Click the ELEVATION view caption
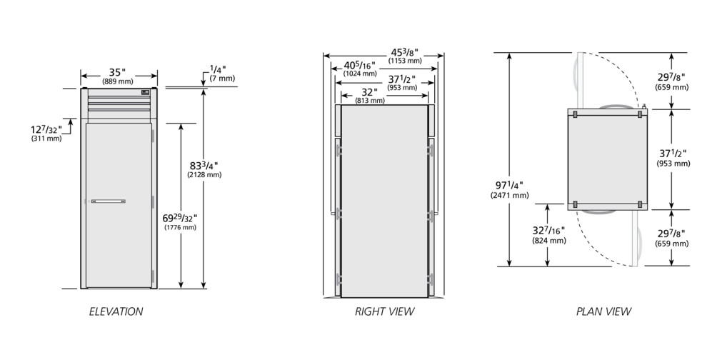116,311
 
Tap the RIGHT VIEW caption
384,311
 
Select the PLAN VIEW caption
603,311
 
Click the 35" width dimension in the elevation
117,72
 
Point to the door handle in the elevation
108,201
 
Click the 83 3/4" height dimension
204,166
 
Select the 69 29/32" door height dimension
181,218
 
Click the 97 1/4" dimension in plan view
509,185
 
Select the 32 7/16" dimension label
548,231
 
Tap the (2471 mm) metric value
509,195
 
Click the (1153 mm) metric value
405,61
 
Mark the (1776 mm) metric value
180,227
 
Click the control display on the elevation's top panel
146,92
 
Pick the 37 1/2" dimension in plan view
673,154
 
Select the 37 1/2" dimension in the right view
402,79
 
